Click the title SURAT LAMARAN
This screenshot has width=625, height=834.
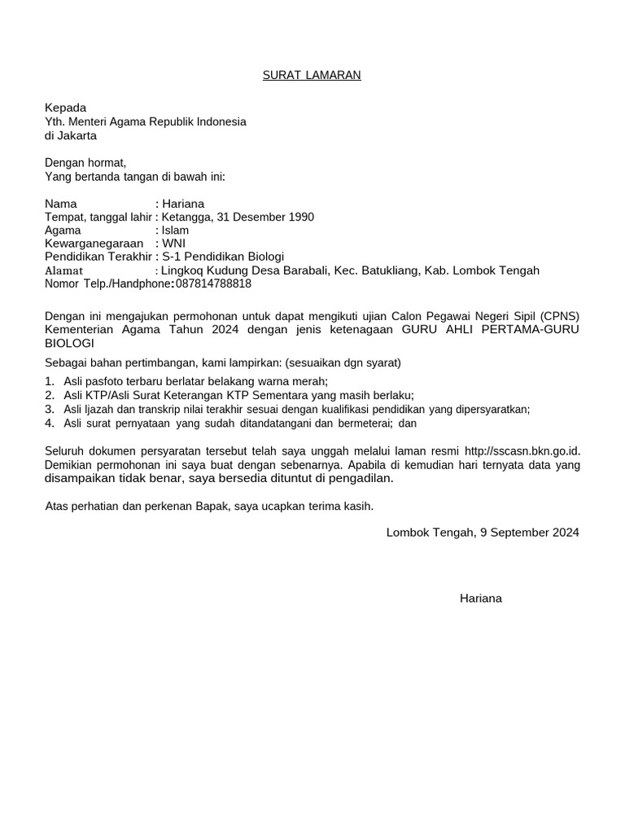(x=311, y=76)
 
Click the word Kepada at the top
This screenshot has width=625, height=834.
(x=65, y=108)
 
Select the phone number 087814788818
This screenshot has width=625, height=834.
(x=213, y=284)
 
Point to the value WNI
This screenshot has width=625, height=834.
(x=173, y=244)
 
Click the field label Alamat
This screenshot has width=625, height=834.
(x=63, y=270)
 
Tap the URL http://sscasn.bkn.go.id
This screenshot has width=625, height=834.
(x=521, y=450)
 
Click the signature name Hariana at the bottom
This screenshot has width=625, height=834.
(x=481, y=599)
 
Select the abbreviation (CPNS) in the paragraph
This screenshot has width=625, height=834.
(x=559, y=315)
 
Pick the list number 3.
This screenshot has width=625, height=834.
(x=49, y=409)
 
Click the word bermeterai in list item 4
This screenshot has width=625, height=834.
(x=368, y=423)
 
